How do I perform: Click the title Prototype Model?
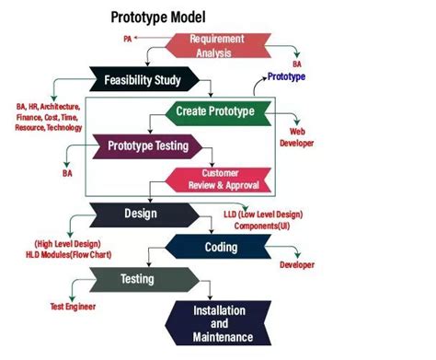158,17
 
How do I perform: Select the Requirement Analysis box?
216,46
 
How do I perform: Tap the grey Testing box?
138,278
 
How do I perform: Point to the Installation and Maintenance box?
212,324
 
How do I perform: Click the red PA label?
127,40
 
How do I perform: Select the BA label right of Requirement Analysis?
297,64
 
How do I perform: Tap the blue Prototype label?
287,77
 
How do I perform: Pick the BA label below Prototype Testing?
67,172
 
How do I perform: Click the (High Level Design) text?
67,243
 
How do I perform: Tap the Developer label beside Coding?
297,265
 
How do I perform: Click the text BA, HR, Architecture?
48,107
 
